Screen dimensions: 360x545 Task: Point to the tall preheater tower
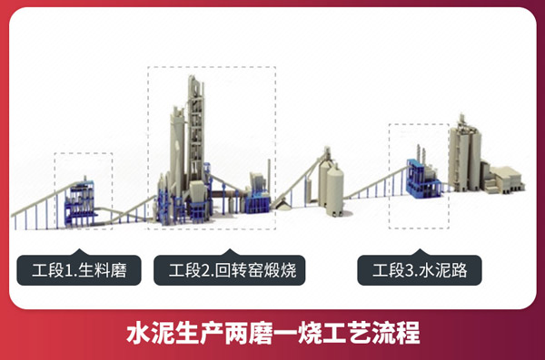pyautogui.click(x=195, y=136)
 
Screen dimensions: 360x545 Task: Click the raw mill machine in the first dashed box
pyautogui.click(x=85, y=195)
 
